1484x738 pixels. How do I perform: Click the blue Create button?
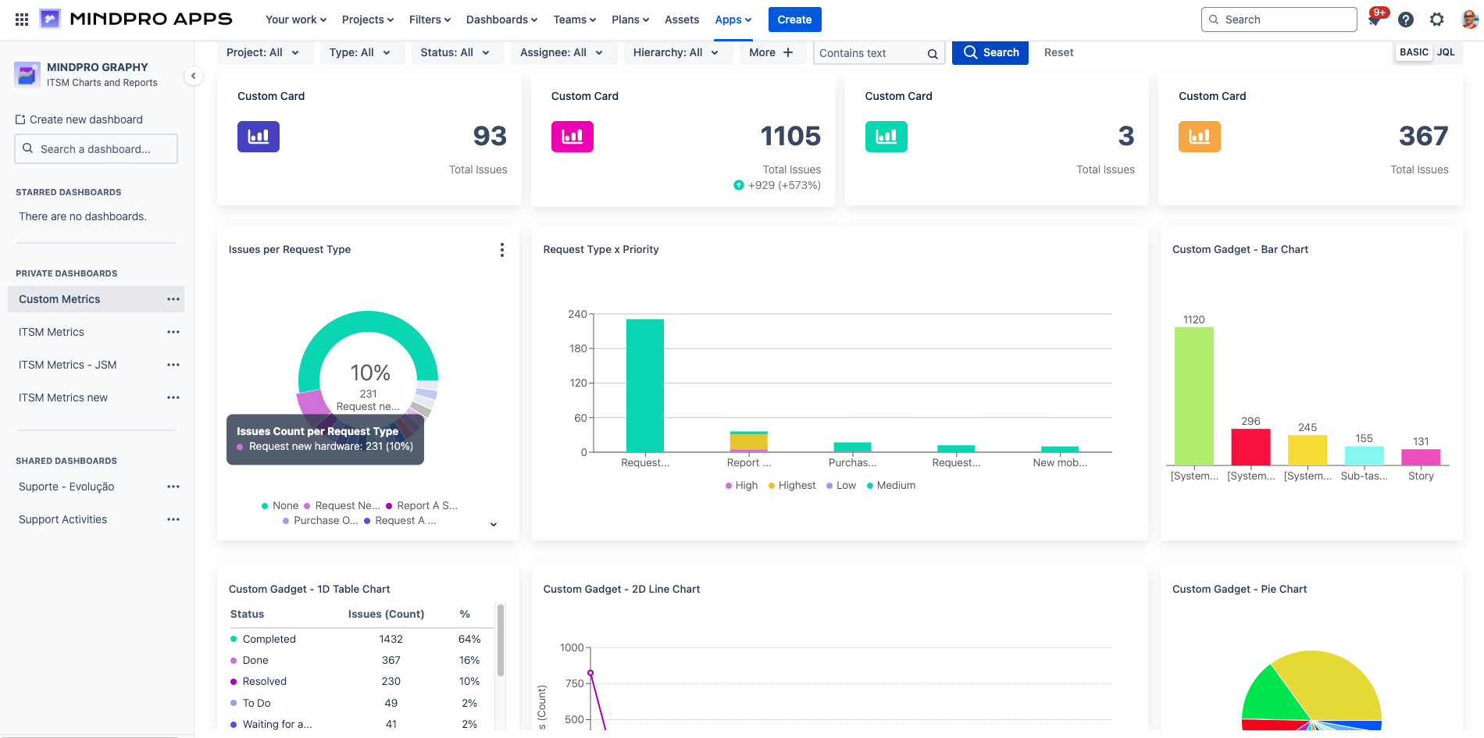[x=794, y=20]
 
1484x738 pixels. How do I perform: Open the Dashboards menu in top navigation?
[x=501, y=20]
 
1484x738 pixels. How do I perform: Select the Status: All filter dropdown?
[x=455, y=52]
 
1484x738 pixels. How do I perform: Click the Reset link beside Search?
[x=1058, y=52]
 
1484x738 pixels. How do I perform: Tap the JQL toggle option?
[x=1446, y=52]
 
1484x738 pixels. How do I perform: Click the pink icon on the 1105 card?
[x=572, y=137]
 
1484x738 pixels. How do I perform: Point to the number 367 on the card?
[x=1423, y=137]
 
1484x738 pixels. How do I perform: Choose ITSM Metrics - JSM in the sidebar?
[x=68, y=365]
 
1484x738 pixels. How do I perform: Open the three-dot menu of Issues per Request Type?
[x=501, y=250]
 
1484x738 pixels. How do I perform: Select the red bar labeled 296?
[x=1250, y=447]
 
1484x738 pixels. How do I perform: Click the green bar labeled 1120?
[x=1193, y=396]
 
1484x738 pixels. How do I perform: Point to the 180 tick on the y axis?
[x=578, y=348]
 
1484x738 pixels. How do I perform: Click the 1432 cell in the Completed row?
[x=391, y=639]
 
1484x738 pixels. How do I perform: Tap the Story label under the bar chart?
[x=1421, y=476]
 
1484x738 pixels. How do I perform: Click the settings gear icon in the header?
[x=1436, y=20]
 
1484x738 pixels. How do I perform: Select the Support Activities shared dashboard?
[x=62, y=519]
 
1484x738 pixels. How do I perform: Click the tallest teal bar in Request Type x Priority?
[x=644, y=385]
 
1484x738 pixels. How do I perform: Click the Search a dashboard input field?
[x=96, y=149]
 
